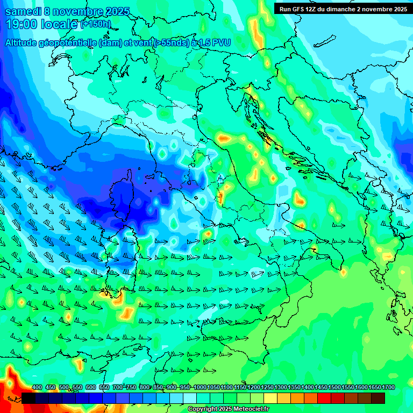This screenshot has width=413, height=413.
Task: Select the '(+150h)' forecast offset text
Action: pyautogui.click(x=96, y=24)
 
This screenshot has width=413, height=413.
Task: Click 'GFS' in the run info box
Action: pyautogui.click(x=301, y=9)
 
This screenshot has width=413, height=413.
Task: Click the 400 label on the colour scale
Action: pyautogui.click(x=37, y=387)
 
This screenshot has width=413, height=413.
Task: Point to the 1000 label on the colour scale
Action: pyautogui.click(x=200, y=387)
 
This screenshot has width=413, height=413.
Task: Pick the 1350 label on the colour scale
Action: pyautogui.click(x=294, y=387)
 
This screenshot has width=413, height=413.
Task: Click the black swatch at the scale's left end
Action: pyautogui.click(x=29, y=398)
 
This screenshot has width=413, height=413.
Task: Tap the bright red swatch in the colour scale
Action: pyautogui.click(x=324, y=398)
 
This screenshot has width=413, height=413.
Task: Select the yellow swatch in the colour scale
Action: pyautogui.click(x=270, y=398)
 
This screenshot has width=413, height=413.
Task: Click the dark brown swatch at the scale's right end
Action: pyautogui.click(x=378, y=398)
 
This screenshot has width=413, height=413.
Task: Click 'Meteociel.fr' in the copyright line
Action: pyautogui.click(x=252, y=409)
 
